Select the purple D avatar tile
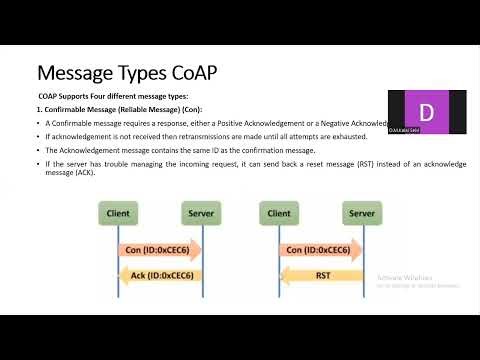[427, 109]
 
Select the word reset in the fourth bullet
[324, 162]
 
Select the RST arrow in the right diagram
[320, 275]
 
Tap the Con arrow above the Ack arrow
[160, 250]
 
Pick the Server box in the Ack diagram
[201, 213]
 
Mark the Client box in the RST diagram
[279, 213]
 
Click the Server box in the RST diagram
[361, 213]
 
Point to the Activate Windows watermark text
[401, 279]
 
